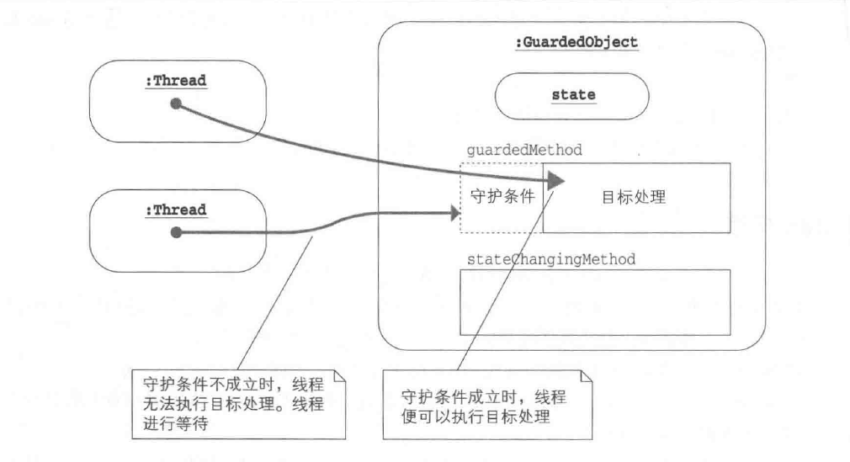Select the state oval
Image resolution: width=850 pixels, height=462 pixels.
[573, 94]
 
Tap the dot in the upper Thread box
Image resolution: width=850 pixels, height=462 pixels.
[176, 104]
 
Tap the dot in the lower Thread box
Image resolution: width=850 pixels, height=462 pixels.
[176, 231]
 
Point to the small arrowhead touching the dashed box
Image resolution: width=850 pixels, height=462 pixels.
[455, 215]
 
